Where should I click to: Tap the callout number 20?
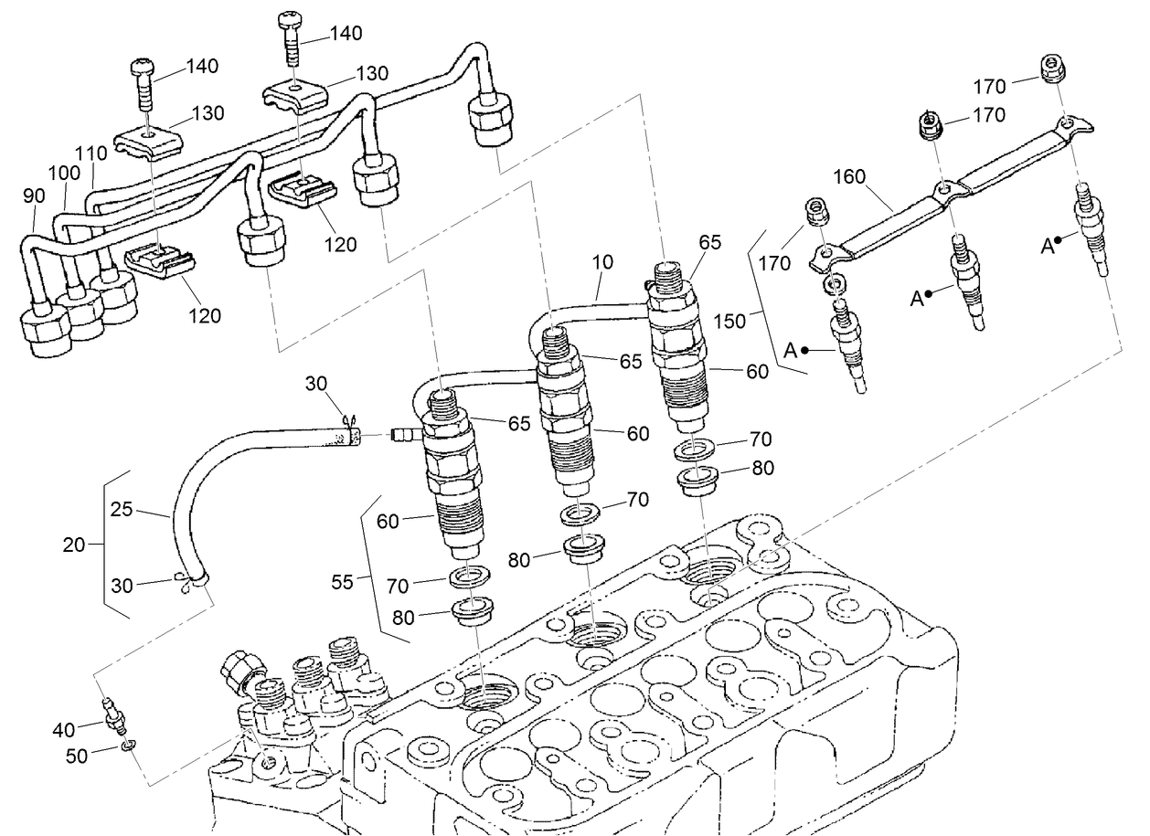point(75,545)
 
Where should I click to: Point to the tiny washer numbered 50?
point(129,746)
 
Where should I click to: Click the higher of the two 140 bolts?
point(293,34)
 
